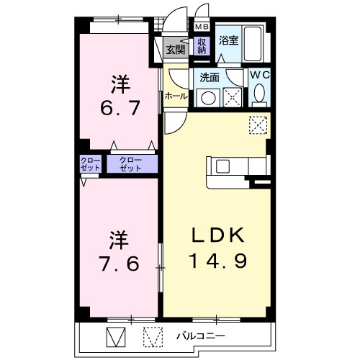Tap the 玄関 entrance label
pyautogui.click(x=175, y=49)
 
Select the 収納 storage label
pyautogui.click(x=202, y=47)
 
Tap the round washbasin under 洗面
pyautogui.click(x=210, y=97)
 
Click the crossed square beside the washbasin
pyautogui.click(x=232, y=97)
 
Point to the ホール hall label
pyautogui.click(x=176, y=96)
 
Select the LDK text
pyautogui.click(x=217, y=235)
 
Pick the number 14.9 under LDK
pyautogui.click(x=217, y=260)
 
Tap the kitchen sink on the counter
pyautogui.click(x=220, y=166)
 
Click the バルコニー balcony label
pyautogui.click(x=202, y=336)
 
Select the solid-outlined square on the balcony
pyautogui.click(x=115, y=336)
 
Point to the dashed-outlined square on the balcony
pyautogui.click(x=152, y=336)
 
